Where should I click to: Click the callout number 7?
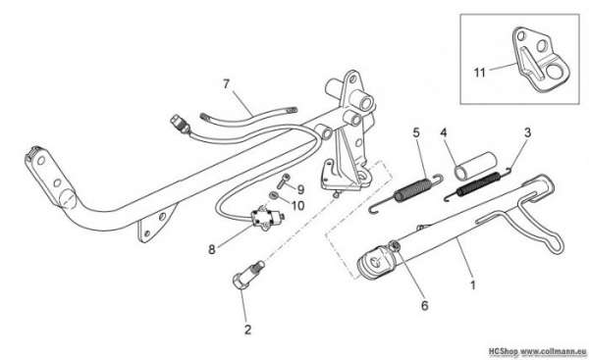pyautogui.click(x=226, y=84)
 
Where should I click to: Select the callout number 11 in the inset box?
pyautogui.click(x=480, y=72)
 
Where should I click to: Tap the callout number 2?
pyautogui.click(x=247, y=330)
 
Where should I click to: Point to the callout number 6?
pyautogui.click(x=424, y=306)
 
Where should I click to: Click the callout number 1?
pyautogui.click(x=473, y=284)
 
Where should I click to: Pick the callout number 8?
pyautogui.click(x=212, y=249)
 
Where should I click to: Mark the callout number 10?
pyautogui.click(x=297, y=206)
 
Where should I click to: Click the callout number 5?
pyautogui.click(x=416, y=132)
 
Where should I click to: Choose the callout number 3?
pyautogui.click(x=528, y=132)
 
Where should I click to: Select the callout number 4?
pyautogui.click(x=444, y=132)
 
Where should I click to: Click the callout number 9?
pyautogui.click(x=300, y=189)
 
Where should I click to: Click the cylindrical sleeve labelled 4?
pyautogui.click(x=475, y=166)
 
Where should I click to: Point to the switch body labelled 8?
pyautogui.click(x=266, y=218)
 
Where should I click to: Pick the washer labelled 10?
pyautogui.click(x=274, y=195)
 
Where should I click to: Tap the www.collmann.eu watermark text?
pyautogui.click(x=553, y=351)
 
